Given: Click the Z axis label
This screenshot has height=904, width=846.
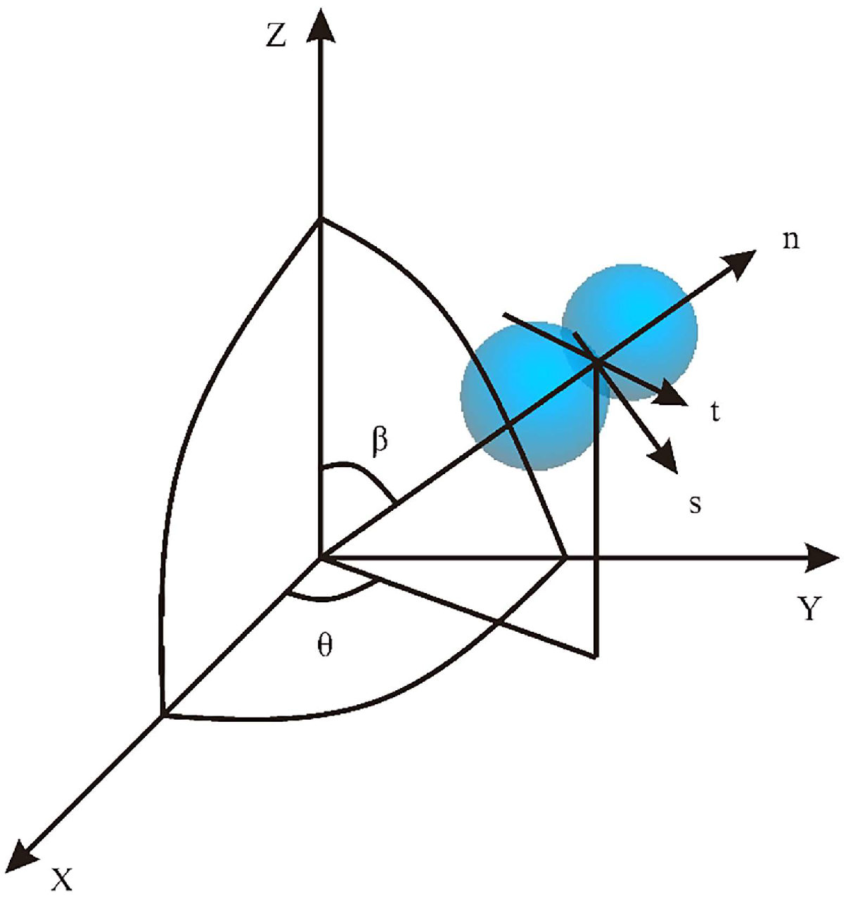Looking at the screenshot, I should pos(276,36).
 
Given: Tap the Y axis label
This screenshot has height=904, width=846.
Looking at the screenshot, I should pos(809,609).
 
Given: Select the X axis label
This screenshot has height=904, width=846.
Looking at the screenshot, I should pos(62,879).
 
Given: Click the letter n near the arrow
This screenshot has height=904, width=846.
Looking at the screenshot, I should pos(790,241).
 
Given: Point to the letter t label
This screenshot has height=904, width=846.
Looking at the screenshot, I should pos(715,412).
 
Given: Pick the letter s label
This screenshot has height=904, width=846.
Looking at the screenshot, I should pos(695,504).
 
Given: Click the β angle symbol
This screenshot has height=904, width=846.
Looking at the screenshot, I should pos(380,441).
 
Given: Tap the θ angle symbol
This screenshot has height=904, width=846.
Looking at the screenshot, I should pos(324,646).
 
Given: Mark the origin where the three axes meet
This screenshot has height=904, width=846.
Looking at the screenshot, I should pos(321,558).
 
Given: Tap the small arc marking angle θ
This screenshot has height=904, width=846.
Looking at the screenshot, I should pos(331,597).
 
